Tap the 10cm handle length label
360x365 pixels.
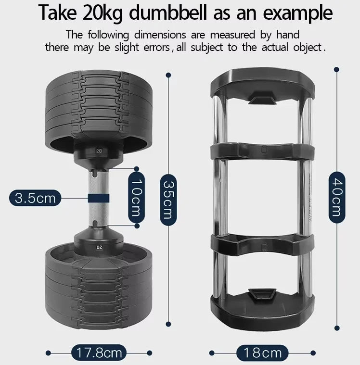coord(137,197)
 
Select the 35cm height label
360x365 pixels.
coord(167,199)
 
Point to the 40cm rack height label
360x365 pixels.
coord(336,198)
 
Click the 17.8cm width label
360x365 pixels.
coord(98,352)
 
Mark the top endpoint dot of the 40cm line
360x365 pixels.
coord(336,70)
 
